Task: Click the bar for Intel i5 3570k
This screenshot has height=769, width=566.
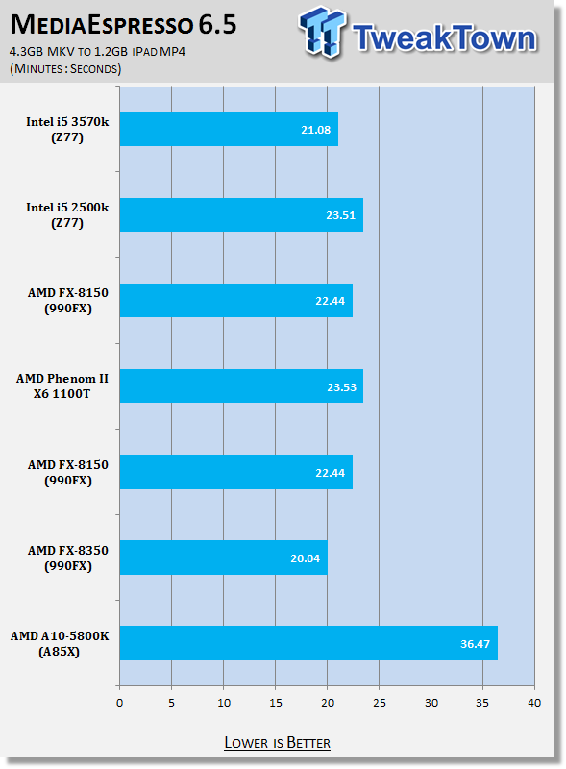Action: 229,129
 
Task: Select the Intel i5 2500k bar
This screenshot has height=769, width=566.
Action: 242,214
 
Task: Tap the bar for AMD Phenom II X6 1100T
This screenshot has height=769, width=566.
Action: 242,386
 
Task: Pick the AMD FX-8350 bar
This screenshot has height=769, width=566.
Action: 224,558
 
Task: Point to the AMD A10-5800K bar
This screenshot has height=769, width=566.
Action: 309,643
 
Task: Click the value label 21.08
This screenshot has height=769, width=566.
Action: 316,130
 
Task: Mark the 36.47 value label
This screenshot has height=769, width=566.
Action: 475,644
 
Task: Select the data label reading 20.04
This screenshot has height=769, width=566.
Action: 305,558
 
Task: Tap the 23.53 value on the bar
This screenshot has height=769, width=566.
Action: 341,387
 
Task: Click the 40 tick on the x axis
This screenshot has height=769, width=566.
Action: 534,703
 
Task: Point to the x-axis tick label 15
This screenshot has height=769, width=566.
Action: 276,703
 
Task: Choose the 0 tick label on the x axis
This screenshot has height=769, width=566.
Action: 120,703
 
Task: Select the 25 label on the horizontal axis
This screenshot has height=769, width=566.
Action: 380,703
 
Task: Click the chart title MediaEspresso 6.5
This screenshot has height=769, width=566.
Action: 124,25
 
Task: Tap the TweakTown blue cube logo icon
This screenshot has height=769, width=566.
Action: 321,32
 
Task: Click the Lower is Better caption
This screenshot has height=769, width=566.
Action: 277,743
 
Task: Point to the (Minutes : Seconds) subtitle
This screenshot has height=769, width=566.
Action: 65,68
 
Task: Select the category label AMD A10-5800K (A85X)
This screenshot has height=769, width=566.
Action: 60,643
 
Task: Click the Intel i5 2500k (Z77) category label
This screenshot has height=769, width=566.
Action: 67,214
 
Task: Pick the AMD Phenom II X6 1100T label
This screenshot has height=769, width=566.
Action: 62,386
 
